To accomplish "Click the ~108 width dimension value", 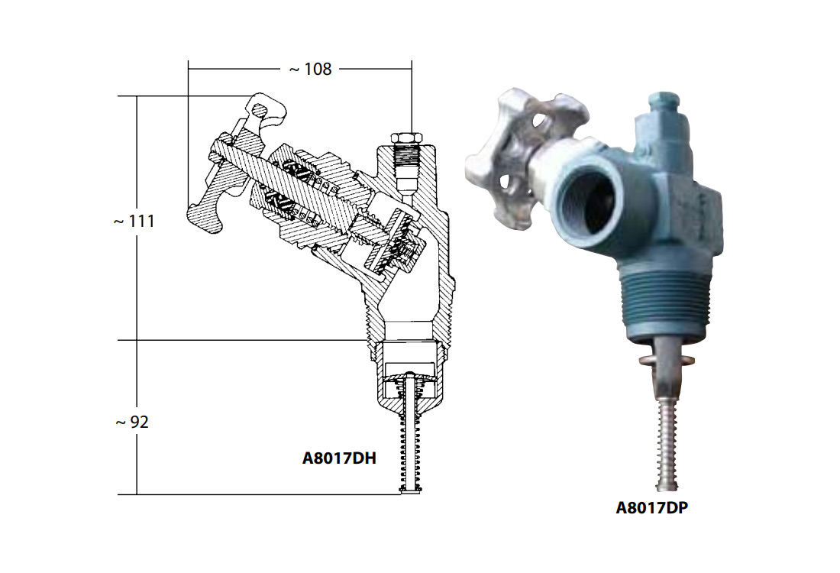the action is click(310, 70).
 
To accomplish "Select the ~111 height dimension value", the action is click(134, 221).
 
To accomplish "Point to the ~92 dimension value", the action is click(132, 422).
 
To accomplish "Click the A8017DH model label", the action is click(339, 458).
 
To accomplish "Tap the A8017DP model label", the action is click(651, 507).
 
